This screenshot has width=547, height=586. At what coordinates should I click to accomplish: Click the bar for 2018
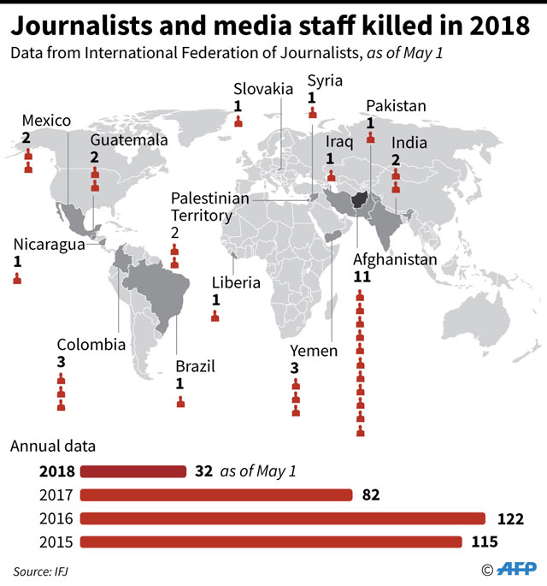tap(133, 471)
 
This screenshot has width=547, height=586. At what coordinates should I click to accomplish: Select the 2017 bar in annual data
tap(216, 494)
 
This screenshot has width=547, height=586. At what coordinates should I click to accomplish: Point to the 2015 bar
tap(272, 542)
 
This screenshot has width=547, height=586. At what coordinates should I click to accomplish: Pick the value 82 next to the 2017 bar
tap(370, 494)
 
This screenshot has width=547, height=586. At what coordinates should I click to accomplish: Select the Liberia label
tap(236, 282)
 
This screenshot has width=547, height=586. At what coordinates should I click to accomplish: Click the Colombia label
tap(91, 345)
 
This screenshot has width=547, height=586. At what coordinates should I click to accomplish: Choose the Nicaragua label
tap(49, 244)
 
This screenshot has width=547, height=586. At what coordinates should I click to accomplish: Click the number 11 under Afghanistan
tap(361, 277)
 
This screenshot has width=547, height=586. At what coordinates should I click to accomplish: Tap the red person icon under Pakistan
tap(370, 138)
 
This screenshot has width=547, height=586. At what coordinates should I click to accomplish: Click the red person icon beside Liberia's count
tap(215, 316)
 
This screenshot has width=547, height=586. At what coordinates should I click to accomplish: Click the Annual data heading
tap(52, 446)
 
